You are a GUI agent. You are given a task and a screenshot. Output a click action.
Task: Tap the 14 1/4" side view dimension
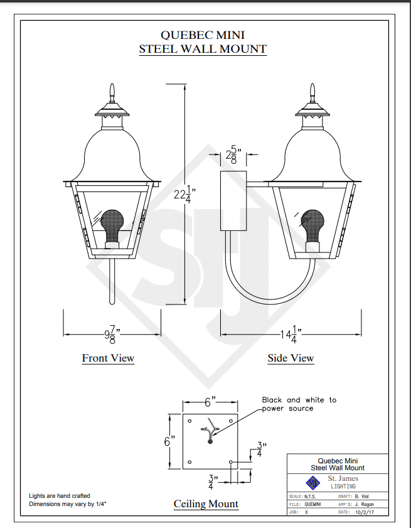(291, 335)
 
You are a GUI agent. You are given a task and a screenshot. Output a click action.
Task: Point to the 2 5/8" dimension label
(233, 155)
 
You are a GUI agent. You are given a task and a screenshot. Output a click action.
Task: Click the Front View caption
(108, 358)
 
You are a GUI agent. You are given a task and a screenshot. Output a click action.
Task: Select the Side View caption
(291, 358)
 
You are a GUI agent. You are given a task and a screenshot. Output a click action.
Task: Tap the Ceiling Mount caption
(206, 504)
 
